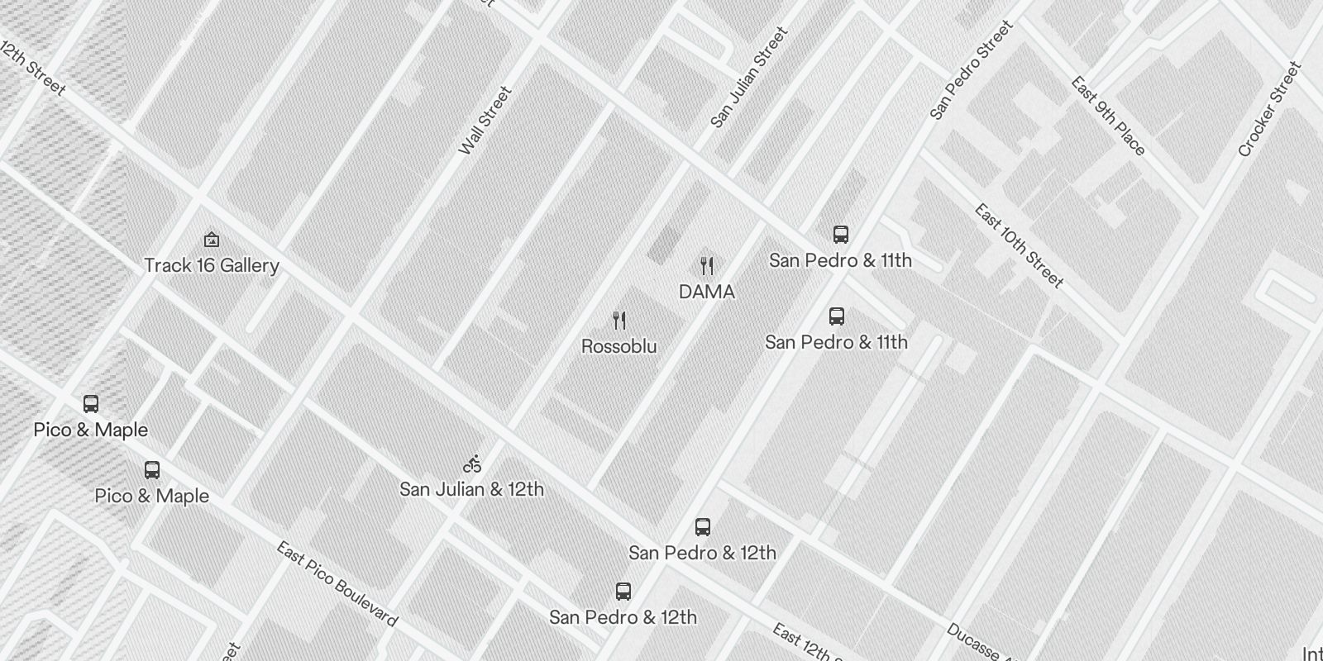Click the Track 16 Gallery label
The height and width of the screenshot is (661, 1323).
click(x=212, y=265)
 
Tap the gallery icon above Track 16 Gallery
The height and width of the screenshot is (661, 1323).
click(x=212, y=240)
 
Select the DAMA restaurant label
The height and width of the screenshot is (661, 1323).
click(x=706, y=292)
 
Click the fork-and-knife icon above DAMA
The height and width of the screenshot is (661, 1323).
click(x=706, y=266)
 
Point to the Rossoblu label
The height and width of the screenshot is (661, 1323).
click(x=619, y=346)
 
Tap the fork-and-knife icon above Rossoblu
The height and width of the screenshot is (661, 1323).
click(x=619, y=321)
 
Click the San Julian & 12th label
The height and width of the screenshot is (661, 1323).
click(x=471, y=489)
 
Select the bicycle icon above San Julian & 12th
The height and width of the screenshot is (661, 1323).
click(x=472, y=464)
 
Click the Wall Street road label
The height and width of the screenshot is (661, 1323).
click(x=485, y=121)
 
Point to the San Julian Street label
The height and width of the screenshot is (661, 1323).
click(x=749, y=78)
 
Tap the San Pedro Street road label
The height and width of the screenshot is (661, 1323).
click(x=971, y=71)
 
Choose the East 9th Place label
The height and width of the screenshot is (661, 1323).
click(x=1108, y=116)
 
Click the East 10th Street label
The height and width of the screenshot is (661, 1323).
click(x=1019, y=245)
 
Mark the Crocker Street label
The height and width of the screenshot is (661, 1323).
click(x=1269, y=109)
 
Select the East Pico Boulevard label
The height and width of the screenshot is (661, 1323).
click(x=337, y=583)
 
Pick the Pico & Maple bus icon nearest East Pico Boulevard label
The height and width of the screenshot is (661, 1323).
click(x=152, y=470)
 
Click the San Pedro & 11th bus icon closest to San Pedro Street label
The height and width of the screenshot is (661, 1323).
click(x=840, y=235)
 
